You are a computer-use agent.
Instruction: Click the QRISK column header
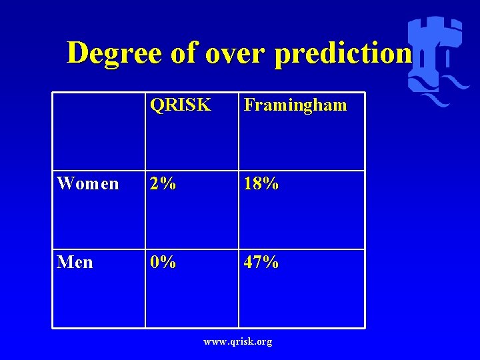180,105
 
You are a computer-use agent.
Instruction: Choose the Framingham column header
295,105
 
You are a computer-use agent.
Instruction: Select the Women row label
88,183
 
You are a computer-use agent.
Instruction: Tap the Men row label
75,262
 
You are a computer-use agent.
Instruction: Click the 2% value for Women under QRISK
163,183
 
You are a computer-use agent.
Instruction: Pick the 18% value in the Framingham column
261,183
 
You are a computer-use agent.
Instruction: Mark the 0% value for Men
163,262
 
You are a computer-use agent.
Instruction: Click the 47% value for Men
261,262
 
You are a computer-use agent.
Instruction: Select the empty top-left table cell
99,131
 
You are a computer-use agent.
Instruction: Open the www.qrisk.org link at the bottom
239,342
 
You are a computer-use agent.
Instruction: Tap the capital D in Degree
79,53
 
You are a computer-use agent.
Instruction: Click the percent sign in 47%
270,262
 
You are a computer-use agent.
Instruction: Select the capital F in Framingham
249,105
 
